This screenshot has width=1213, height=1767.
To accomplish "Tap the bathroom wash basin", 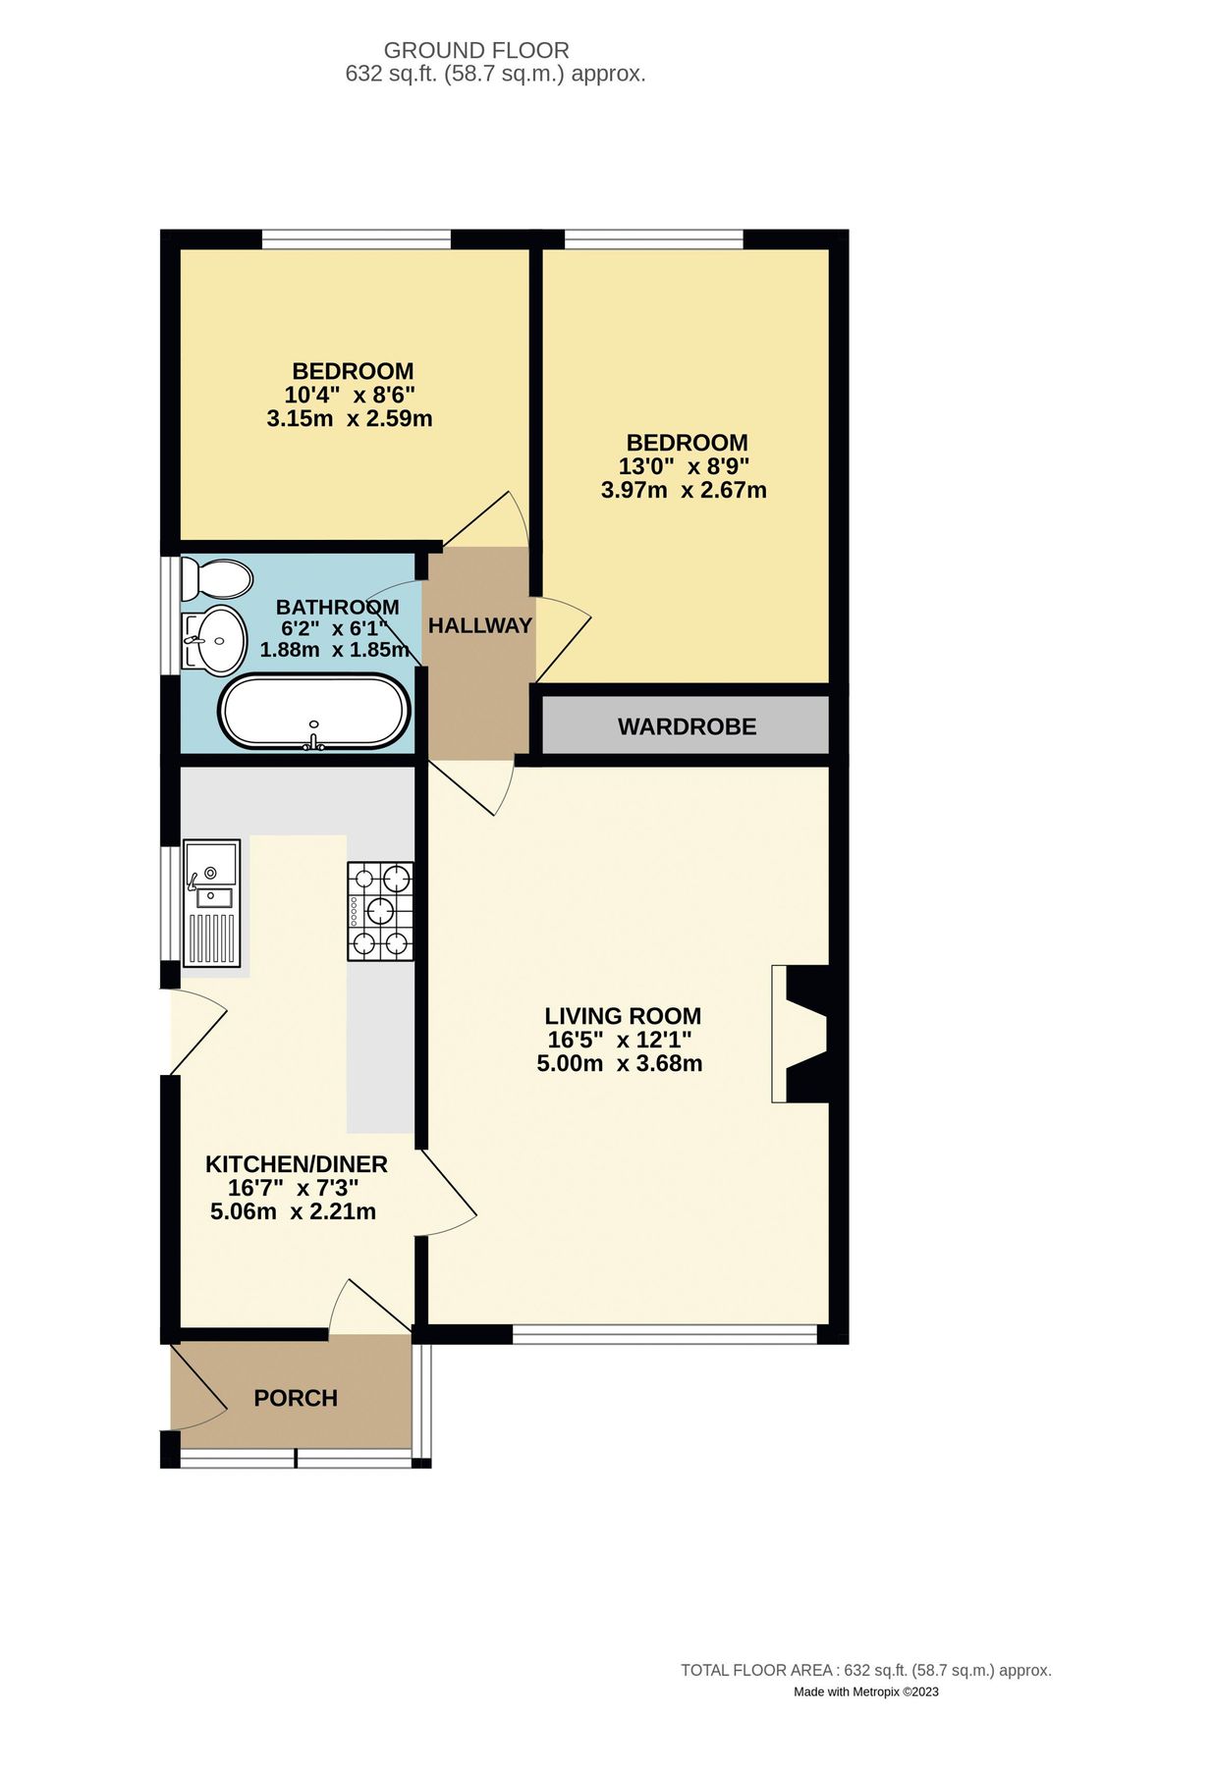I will (x=215, y=640).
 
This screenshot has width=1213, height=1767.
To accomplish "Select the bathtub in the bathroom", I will (x=313, y=712).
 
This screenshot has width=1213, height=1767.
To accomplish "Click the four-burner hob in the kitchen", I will (x=380, y=911).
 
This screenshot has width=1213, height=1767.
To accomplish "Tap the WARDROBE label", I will (x=687, y=727).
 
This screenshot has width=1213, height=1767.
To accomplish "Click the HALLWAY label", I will (x=479, y=626).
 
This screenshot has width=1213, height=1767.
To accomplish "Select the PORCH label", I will (x=296, y=1399).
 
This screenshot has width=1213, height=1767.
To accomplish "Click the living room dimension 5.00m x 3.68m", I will (x=620, y=1064).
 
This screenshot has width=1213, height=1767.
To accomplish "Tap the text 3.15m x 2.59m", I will (x=350, y=419).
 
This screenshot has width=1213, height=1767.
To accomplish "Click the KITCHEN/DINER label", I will (x=296, y=1165).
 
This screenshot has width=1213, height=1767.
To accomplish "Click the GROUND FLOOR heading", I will (x=476, y=50).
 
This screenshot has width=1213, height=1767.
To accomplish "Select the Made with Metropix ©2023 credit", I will (x=865, y=1691).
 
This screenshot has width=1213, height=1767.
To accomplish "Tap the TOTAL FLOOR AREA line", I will (x=865, y=1670).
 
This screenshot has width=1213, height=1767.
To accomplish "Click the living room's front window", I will (x=664, y=1335).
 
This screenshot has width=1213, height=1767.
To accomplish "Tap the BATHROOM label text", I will (x=337, y=607).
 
